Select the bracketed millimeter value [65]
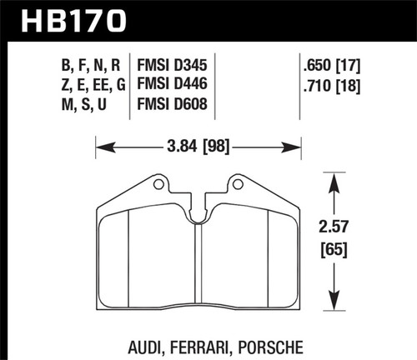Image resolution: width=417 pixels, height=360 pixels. tap(334, 248)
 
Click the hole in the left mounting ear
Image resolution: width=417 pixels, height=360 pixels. tap(158, 182)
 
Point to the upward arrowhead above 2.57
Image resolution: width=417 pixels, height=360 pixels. tap(334, 180)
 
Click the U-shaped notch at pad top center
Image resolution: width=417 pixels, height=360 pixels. tap(198, 216)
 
